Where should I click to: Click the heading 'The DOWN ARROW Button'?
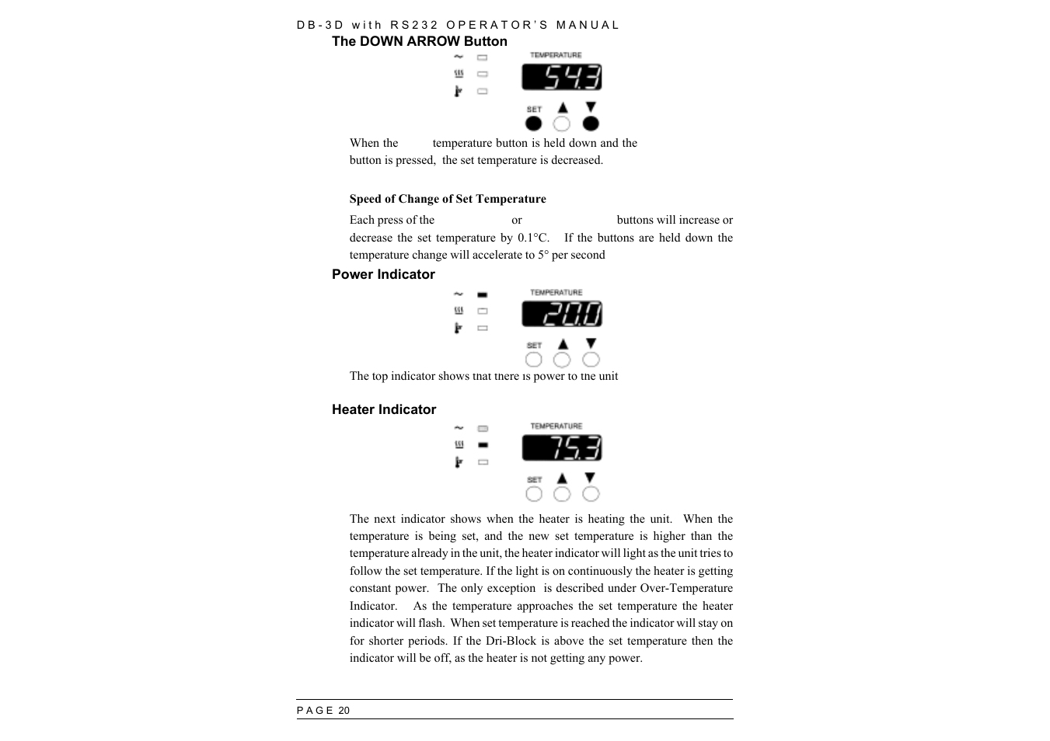419,42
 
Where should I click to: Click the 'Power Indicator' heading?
383,274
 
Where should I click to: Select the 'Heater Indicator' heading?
384,409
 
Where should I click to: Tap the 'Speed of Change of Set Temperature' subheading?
447,199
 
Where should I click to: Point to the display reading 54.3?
561,78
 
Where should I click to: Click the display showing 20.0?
561,315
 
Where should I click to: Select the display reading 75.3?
561,448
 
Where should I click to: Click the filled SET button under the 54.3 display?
534,124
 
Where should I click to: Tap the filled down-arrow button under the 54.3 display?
591,124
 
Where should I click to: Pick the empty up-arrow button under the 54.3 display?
562,124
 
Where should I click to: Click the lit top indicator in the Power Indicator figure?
483,294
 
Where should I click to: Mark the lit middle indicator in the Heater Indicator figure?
483,445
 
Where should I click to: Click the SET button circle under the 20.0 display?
534,360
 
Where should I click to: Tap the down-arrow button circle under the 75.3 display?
591,494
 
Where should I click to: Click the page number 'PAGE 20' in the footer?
323,711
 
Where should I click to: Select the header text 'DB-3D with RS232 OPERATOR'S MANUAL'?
458,25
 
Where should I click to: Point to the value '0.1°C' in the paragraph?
533,238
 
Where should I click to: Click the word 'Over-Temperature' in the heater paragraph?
685,588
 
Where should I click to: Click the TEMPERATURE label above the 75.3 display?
556,426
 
